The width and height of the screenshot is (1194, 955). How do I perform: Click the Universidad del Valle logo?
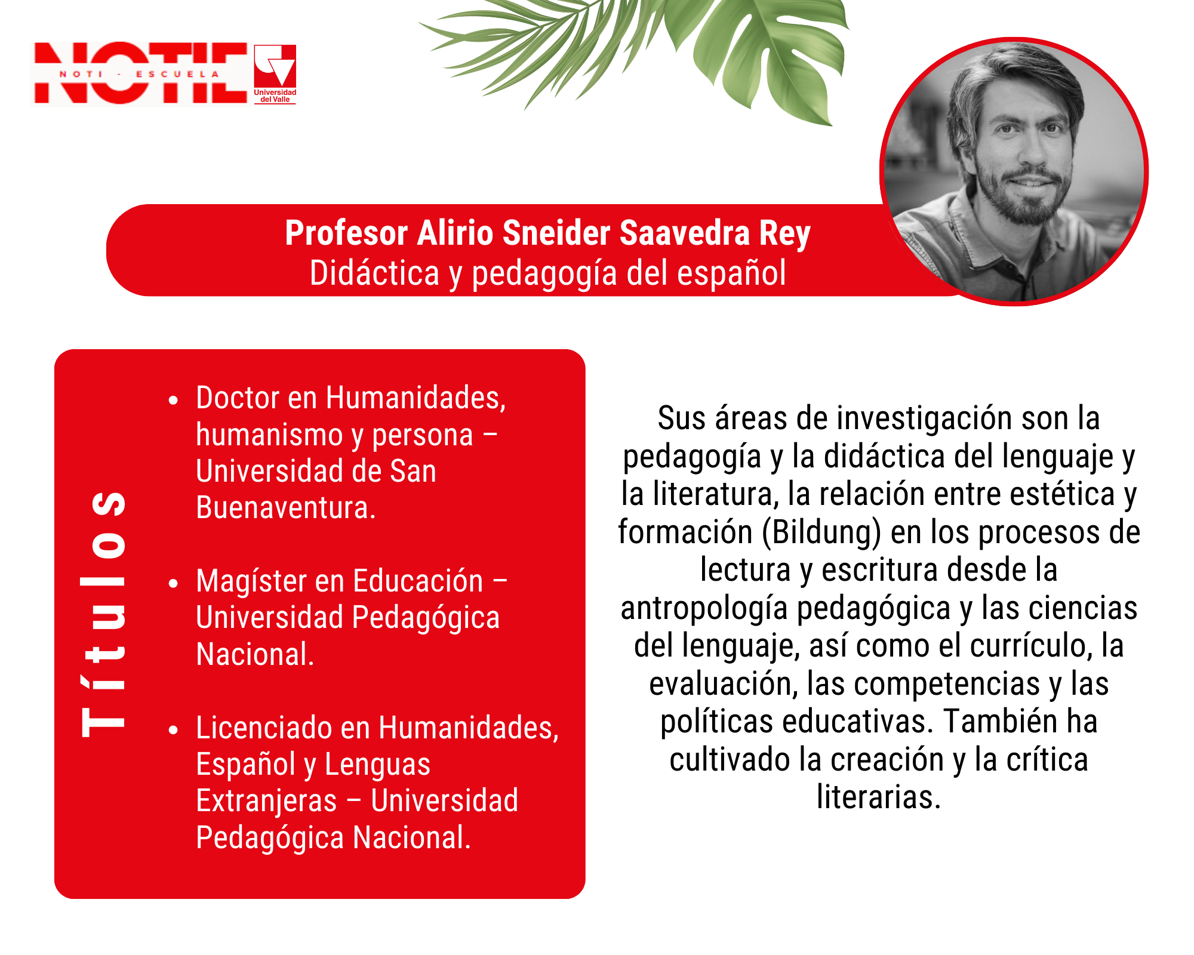[275, 74]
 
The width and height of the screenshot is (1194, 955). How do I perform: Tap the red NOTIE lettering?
[141, 73]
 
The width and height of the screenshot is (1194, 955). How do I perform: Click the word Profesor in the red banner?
[346, 233]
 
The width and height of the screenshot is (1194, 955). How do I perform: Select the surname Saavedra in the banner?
[684, 233]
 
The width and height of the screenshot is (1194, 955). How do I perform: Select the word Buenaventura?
[286, 508]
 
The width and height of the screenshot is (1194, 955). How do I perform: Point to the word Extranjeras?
[267, 801]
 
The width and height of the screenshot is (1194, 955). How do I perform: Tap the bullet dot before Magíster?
[173, 583]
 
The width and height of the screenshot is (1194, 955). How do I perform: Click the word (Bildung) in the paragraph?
[821, 532]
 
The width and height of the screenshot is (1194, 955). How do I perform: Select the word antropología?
[704, 609]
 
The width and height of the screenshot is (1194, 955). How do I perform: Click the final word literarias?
[879, 797]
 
